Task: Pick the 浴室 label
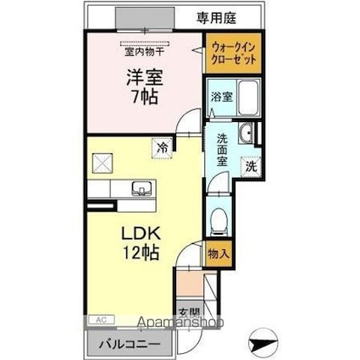[x=219, y=97]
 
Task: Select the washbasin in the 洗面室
[x=245, y=134]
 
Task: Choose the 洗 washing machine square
[x=251, y=167]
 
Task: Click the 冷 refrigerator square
[x=161, y=147]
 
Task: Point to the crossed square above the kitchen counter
[x=102, y=162]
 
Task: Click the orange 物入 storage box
[x=219, y=253]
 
